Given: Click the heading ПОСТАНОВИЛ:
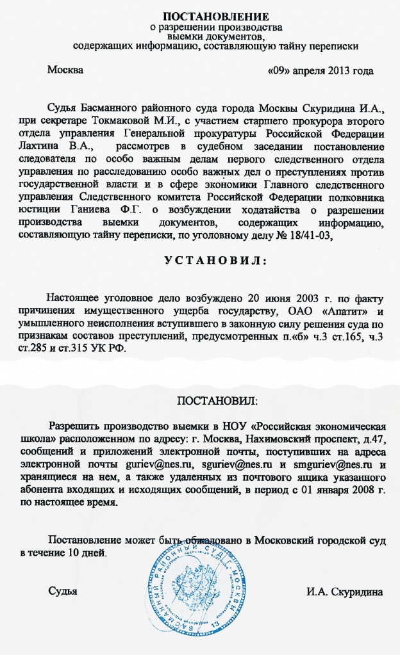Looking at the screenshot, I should tap(218, 401).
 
